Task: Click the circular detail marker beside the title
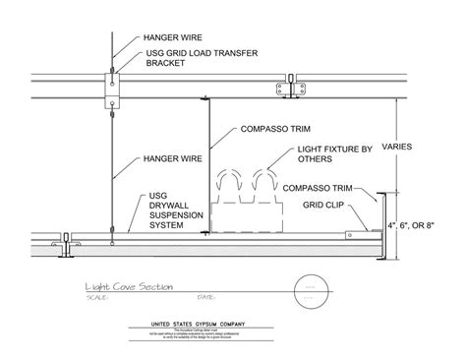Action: pyautogui.click(x=311, y=292)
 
